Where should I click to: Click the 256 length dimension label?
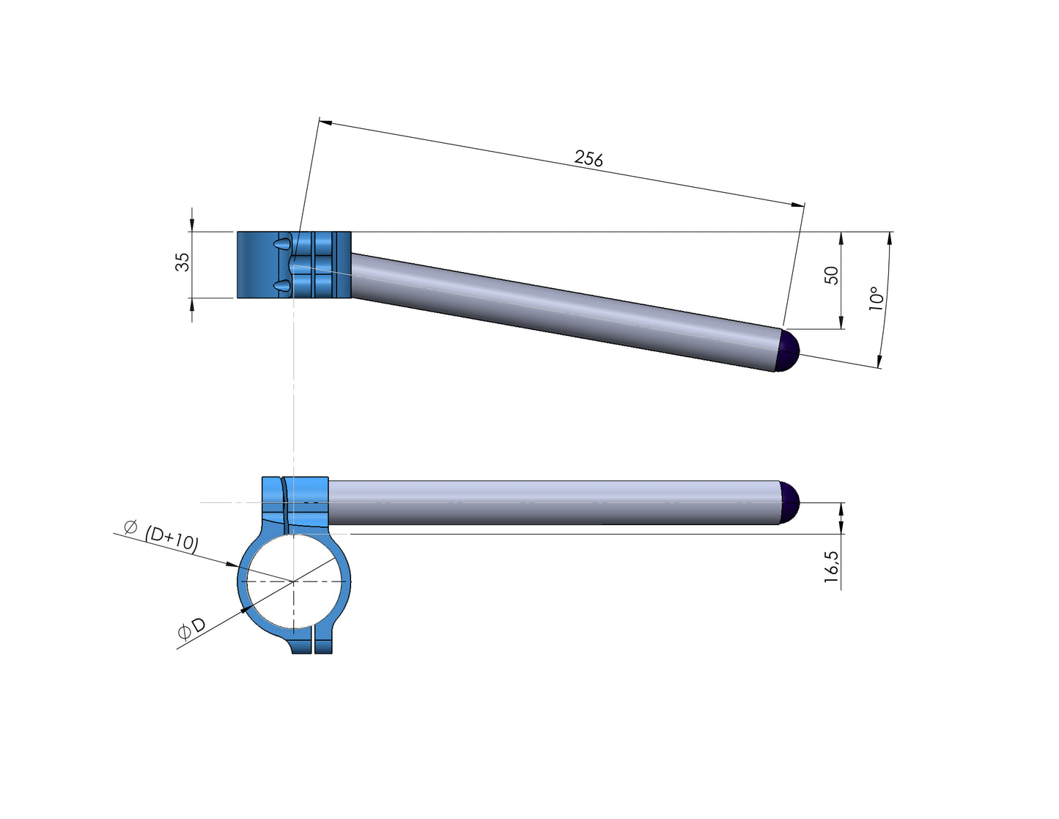(588, 158)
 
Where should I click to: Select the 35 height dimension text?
(182, 262)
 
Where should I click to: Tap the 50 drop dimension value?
(831, 276)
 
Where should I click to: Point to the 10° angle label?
(876, 298)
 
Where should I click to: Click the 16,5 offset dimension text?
(831, 566)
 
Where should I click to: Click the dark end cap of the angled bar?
(787, 351)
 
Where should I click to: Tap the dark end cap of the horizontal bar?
(789, 502)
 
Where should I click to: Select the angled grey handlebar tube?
(564, 312)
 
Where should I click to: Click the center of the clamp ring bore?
(294, 581)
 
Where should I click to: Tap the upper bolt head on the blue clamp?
(281, 243)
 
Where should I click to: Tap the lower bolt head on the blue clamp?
(281, 286)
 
